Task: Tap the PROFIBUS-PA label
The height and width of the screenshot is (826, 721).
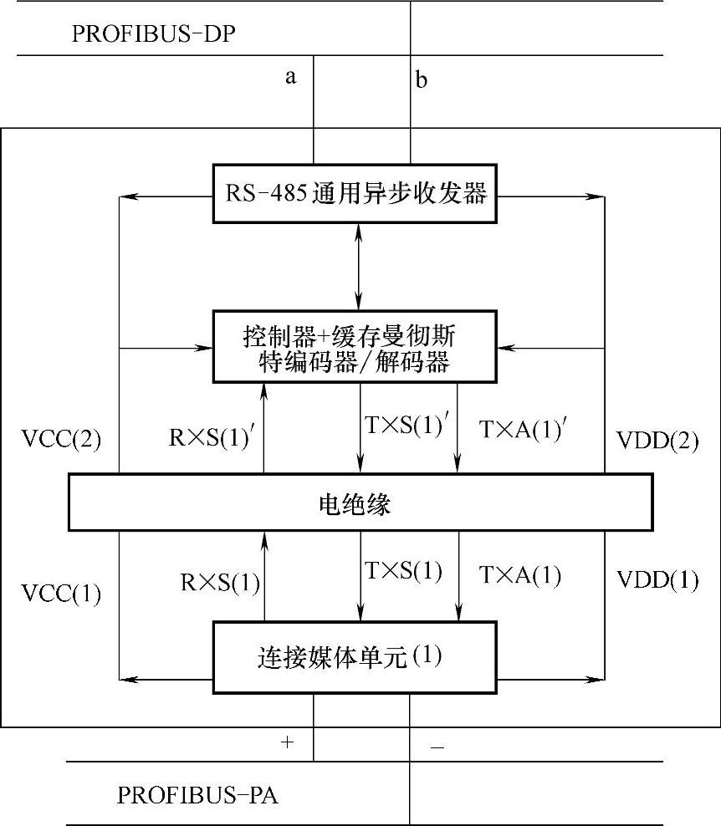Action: pos(197,794)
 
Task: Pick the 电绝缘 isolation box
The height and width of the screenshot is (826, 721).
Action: pos(360,502)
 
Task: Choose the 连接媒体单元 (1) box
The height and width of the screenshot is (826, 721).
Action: pos(360,657)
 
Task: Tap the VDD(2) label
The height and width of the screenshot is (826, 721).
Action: pos(657,441)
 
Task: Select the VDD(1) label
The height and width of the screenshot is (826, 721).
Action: pos(657,579)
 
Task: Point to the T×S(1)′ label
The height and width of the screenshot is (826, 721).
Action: pos(407,425)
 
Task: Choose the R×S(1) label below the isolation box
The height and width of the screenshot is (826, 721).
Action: pos(219,582)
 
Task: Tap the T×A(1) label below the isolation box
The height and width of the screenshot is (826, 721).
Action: pos(519,575)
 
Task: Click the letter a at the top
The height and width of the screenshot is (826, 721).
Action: pos(291,78)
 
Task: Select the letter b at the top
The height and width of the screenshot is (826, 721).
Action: pos(422,80)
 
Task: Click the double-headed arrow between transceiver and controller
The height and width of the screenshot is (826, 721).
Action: pos(360,267)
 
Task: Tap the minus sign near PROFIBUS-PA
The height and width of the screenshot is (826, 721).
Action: pos(437,747)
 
